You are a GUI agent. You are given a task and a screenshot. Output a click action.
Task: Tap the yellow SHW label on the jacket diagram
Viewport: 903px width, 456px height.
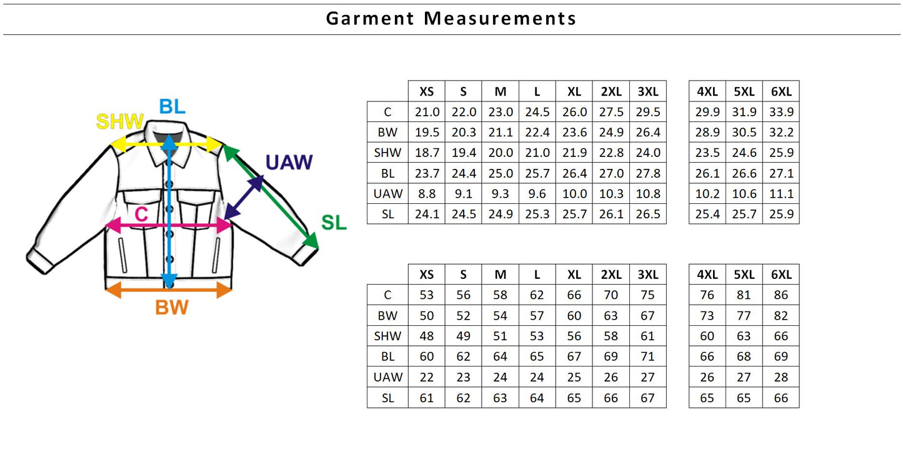(x=119, y=121)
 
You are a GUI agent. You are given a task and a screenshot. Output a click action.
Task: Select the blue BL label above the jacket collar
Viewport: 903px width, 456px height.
(x=172, y=106)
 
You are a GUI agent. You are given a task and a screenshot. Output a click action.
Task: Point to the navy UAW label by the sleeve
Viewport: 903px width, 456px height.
(x=289, y=162)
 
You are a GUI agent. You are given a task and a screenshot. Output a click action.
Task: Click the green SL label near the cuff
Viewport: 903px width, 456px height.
(x=333, y=222)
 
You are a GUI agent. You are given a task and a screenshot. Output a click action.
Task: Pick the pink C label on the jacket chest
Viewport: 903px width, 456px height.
(x=141, y=215)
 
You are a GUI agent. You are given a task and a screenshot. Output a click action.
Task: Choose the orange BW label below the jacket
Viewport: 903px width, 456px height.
(x=171, y=307)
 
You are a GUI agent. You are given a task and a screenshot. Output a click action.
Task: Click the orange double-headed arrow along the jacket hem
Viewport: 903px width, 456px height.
(x=169, y=289)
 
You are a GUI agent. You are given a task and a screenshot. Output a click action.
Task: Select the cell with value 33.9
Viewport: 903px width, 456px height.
(x=781, y=112)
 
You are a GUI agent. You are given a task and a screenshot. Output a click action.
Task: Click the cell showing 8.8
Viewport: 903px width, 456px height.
(x=427, y=194)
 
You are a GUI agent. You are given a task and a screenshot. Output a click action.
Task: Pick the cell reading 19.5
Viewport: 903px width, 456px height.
(x=427, y=133)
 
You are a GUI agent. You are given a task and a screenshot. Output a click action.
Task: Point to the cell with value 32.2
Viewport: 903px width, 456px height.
(x=781, y=133)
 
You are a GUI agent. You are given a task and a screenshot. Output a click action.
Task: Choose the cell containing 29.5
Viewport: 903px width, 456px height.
(x=648, y=112)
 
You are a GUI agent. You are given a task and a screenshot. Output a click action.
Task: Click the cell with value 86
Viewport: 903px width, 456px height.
(x=781, y=295)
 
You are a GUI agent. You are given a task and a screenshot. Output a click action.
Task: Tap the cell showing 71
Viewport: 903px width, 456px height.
(x=648, y=357)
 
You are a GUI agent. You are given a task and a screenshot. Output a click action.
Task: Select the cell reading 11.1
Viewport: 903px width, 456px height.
(x=781, y=194)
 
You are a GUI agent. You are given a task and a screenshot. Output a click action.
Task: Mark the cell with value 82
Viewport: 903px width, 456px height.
(x=781, y=316)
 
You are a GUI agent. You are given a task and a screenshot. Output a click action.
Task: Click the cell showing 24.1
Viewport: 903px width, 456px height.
(x=427, y=214)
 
